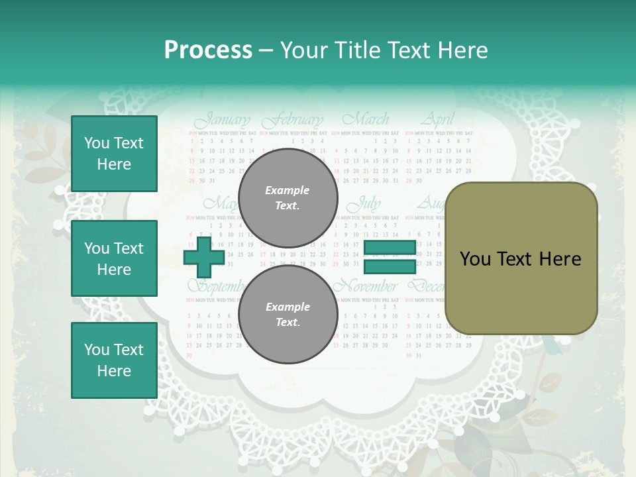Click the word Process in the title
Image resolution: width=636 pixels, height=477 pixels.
click(208, 50)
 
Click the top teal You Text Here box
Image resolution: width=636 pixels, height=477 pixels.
click(114, 154)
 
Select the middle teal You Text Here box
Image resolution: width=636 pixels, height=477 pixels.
click(114, 258)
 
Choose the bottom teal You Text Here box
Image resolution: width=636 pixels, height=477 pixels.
click(114, 360)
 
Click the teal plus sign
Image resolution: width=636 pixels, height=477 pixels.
click(204, 258)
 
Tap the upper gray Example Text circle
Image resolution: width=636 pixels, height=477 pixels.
click(288, 198)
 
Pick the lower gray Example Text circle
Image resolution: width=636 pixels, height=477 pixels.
click(288, 315)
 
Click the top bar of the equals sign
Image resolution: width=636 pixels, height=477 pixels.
click(390, 248)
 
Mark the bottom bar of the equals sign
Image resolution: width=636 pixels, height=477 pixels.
click(390, 267)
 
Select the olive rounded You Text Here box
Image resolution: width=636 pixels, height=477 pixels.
click(521, 258)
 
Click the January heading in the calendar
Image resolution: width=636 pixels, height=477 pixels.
click(223, 121)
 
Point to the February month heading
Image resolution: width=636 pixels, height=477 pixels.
click(292, 121)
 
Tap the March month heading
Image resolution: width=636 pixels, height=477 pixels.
click(365, 120)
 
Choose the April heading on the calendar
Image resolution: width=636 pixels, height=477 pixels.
click(438, 120)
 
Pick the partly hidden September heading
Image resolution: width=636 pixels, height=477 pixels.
click(213, 286)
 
